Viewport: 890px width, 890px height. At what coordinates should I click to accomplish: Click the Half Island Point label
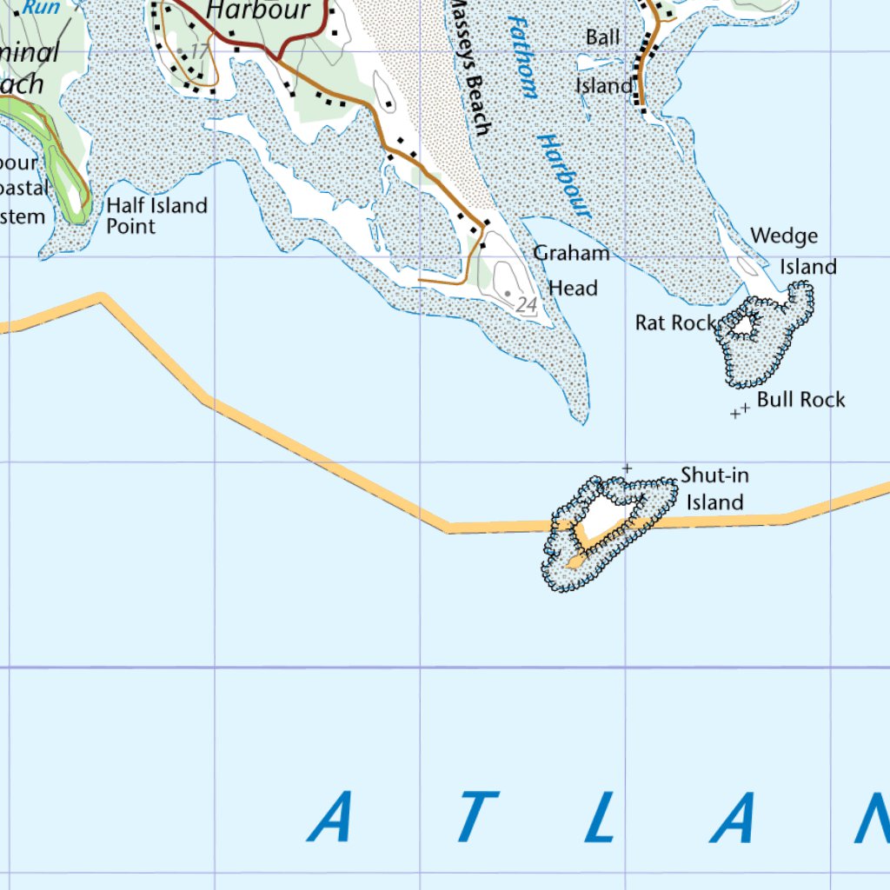point(156,216)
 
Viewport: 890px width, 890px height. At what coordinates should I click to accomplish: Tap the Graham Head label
point(572,270)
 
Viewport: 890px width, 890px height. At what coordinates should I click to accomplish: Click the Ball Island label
point(603,61)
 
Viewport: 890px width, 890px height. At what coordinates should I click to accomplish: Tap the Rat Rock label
point(675,322)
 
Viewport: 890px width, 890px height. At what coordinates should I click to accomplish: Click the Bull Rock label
point(800,400)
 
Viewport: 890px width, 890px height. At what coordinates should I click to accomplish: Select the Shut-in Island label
point(714,488)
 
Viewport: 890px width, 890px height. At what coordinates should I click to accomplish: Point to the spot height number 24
point(526,305)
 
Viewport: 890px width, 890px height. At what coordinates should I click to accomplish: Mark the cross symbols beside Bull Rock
point(741,410)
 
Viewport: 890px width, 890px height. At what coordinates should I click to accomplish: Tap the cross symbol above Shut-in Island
point(627,468)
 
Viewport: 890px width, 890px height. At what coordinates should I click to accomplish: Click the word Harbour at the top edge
point(260,10)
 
